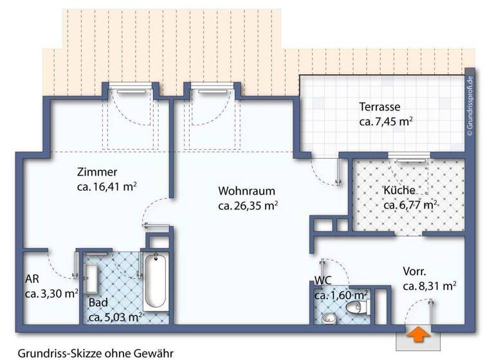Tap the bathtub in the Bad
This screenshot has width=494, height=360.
[x=155, y=282]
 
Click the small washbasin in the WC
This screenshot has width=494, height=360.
[x=329, y=318]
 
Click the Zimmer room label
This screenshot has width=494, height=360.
[x=96, y=172]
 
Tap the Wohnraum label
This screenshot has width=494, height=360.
[x=246, y=192]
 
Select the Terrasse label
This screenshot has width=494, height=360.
[x=380, y=107]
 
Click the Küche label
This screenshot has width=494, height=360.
[x=404, y=190]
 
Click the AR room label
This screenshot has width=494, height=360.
[x=33, y=280]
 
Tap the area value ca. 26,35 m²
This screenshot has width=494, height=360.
[x=248, y=206]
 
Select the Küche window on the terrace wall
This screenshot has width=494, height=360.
[x=408, y=156]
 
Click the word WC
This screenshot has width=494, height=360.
[x=322, y=280]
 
